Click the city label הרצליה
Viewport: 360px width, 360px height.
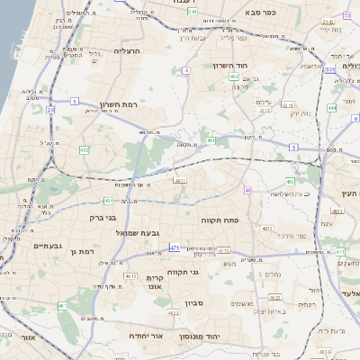pos(132,53)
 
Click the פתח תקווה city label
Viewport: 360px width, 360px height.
pos(243,220)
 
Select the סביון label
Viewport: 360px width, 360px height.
pos(195,303)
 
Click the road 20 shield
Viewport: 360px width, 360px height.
pos(51,110)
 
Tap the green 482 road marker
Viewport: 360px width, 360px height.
pos(84,149)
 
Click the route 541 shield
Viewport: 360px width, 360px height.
pos(191,12)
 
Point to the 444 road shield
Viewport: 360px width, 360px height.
pos(332,107)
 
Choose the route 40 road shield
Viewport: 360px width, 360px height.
pos(247,191)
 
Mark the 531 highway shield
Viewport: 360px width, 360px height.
pos(330,68)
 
